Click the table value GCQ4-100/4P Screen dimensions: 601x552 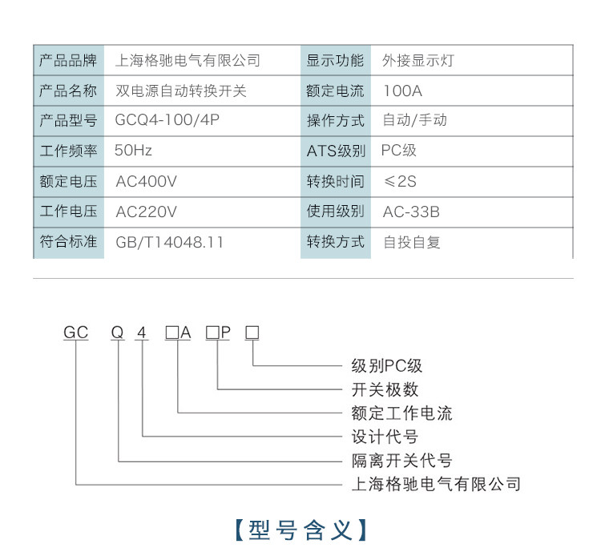(167, 120)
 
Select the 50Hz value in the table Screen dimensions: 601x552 (133, 151)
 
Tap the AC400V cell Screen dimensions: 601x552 (147, 181)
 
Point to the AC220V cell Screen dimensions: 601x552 (147, 212)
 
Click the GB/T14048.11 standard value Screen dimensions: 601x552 (169, 242)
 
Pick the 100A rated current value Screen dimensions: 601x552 (403, 91)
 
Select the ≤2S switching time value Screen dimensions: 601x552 (400, 181)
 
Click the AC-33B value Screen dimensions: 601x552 (411, 212)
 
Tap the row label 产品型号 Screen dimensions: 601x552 (68, 121)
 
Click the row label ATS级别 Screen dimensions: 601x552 (336, 151)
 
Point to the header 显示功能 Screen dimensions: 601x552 (336, 61)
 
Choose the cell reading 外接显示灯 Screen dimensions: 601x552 (418, 61)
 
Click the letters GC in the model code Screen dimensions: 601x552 (76, 332)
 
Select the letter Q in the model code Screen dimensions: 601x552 (118, 332)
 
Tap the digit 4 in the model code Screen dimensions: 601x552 (142, 332)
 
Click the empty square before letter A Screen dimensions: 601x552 (172, 332)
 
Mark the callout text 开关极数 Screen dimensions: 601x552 (385, 390)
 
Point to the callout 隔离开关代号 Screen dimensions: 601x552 (402, 461)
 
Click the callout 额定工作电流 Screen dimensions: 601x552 (402, 413)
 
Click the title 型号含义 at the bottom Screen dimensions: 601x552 (300, 530)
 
